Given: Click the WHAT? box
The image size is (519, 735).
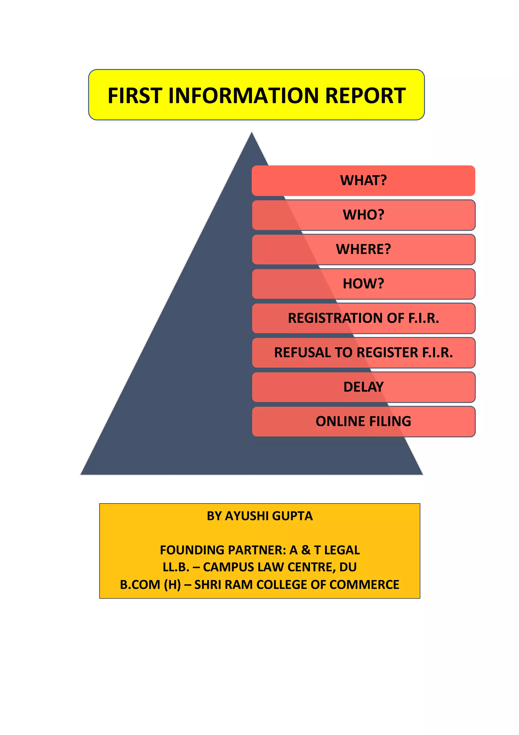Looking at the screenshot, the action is (x=363, y=181).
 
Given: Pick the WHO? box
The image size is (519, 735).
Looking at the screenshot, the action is (x=363, y=215).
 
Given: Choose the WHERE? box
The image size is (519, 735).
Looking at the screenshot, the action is (x=363, y=249).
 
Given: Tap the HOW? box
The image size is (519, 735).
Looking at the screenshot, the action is (x=363, y=284).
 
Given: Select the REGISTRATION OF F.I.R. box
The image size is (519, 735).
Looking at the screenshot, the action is (x=363, y=318).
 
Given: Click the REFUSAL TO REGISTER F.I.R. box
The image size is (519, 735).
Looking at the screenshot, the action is (x=363, y=353).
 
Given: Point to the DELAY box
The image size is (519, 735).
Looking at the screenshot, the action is (x=363, y=387).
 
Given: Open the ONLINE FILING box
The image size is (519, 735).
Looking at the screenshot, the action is (x=363, y=421).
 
